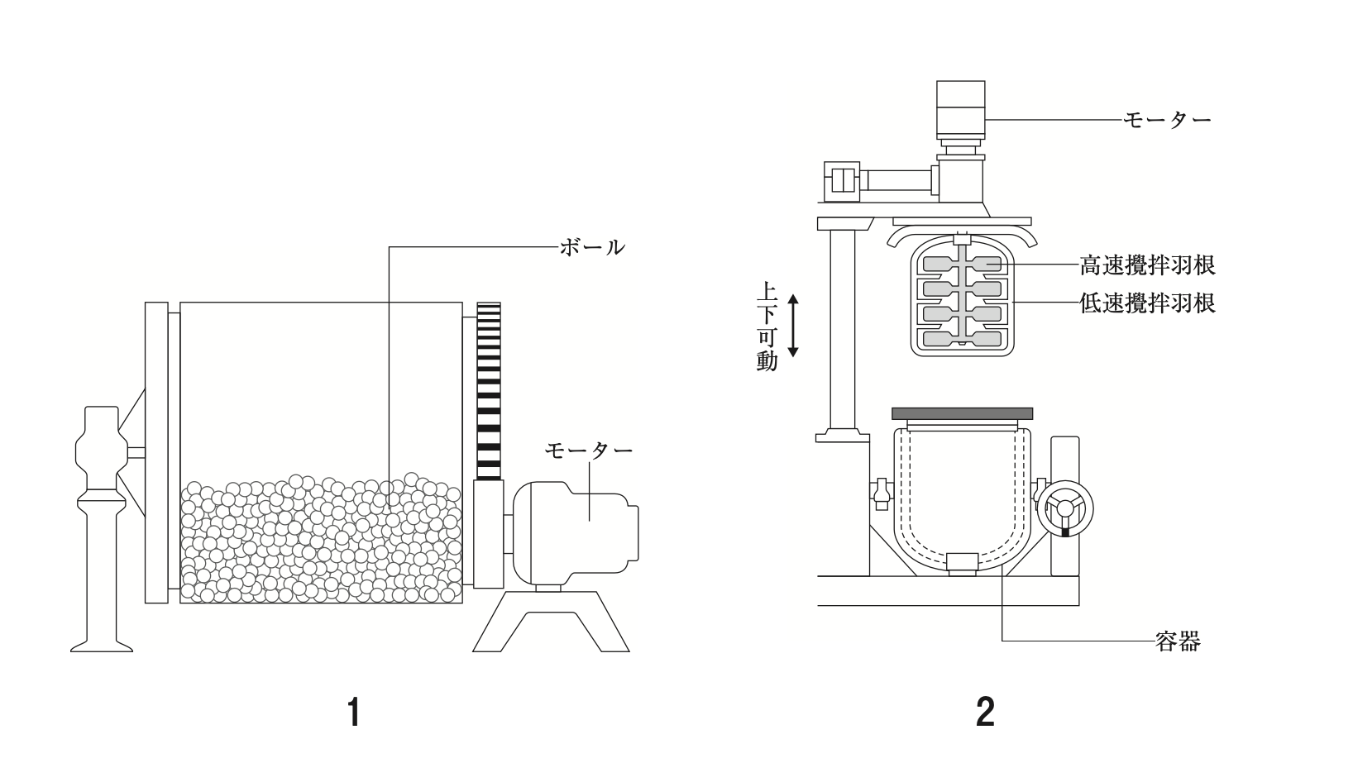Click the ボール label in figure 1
click(592, 247)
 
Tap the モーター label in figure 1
click(589, 450)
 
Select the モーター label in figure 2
click(1168, 120)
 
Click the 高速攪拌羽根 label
click(1148, 265)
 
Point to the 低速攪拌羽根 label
click(1148, 303)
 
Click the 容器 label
click(1178, 641)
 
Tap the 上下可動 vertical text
click(767, 326)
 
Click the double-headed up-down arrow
click(794, 326)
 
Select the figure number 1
click(355, 713)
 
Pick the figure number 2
click(985, 713)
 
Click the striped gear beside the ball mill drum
click(489, 391)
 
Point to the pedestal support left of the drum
click(102, 529)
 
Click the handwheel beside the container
click(1065, 508)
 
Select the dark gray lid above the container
click(962, 413)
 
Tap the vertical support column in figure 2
click(844, 329)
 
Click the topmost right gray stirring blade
click(987, 265)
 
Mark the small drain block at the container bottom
click(963, 564)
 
